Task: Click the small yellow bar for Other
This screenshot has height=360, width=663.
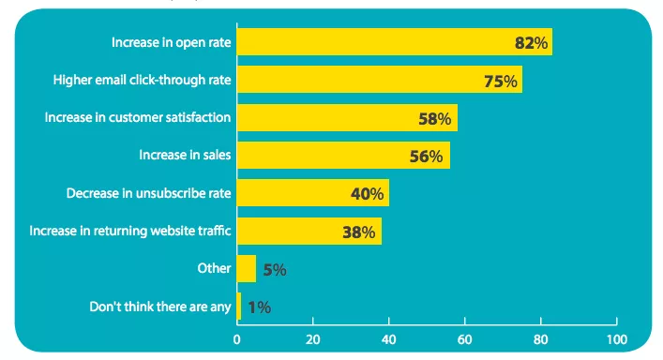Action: coord(246,269)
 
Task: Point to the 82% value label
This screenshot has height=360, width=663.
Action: coord(531,43)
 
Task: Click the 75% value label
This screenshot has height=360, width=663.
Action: coord(501,82)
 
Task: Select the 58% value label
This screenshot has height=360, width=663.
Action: coord(435,119)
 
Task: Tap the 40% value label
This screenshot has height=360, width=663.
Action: coord(367,194)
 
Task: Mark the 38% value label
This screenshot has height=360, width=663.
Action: coord(359,232)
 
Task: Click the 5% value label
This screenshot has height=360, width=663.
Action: coord(274,270)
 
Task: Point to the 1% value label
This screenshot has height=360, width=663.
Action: coord(259,307)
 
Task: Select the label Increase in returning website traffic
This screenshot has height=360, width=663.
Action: coord(130,231)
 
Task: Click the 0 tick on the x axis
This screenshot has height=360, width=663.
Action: coord(237,338)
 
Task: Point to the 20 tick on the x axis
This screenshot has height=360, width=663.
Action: coord(313,338)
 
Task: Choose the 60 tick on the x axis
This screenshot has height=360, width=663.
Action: coord(465,338)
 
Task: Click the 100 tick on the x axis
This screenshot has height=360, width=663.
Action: coord(616,338)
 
